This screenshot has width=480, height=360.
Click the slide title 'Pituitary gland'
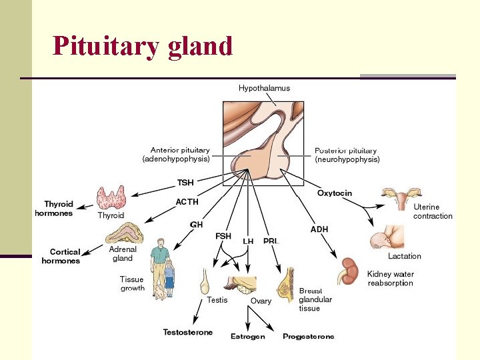tap(143, 46)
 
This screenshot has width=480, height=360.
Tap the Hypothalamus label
tap(264, 88)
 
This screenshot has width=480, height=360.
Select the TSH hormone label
tap(185, 182)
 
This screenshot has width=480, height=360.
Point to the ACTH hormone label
tap(187, 201)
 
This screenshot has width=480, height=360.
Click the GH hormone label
tap(197, 225)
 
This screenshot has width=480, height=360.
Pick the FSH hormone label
tap(223, 236)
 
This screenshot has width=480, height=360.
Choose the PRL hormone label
tap(270, 241)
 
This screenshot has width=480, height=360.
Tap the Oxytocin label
tap(334, 193)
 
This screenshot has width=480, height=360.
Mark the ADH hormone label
tap(319, 229)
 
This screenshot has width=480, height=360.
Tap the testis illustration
tap(206, 281)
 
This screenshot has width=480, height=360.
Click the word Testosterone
tap(187, 332)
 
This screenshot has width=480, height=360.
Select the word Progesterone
tap(308, 337)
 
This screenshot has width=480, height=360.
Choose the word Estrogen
tap(247, 337)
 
